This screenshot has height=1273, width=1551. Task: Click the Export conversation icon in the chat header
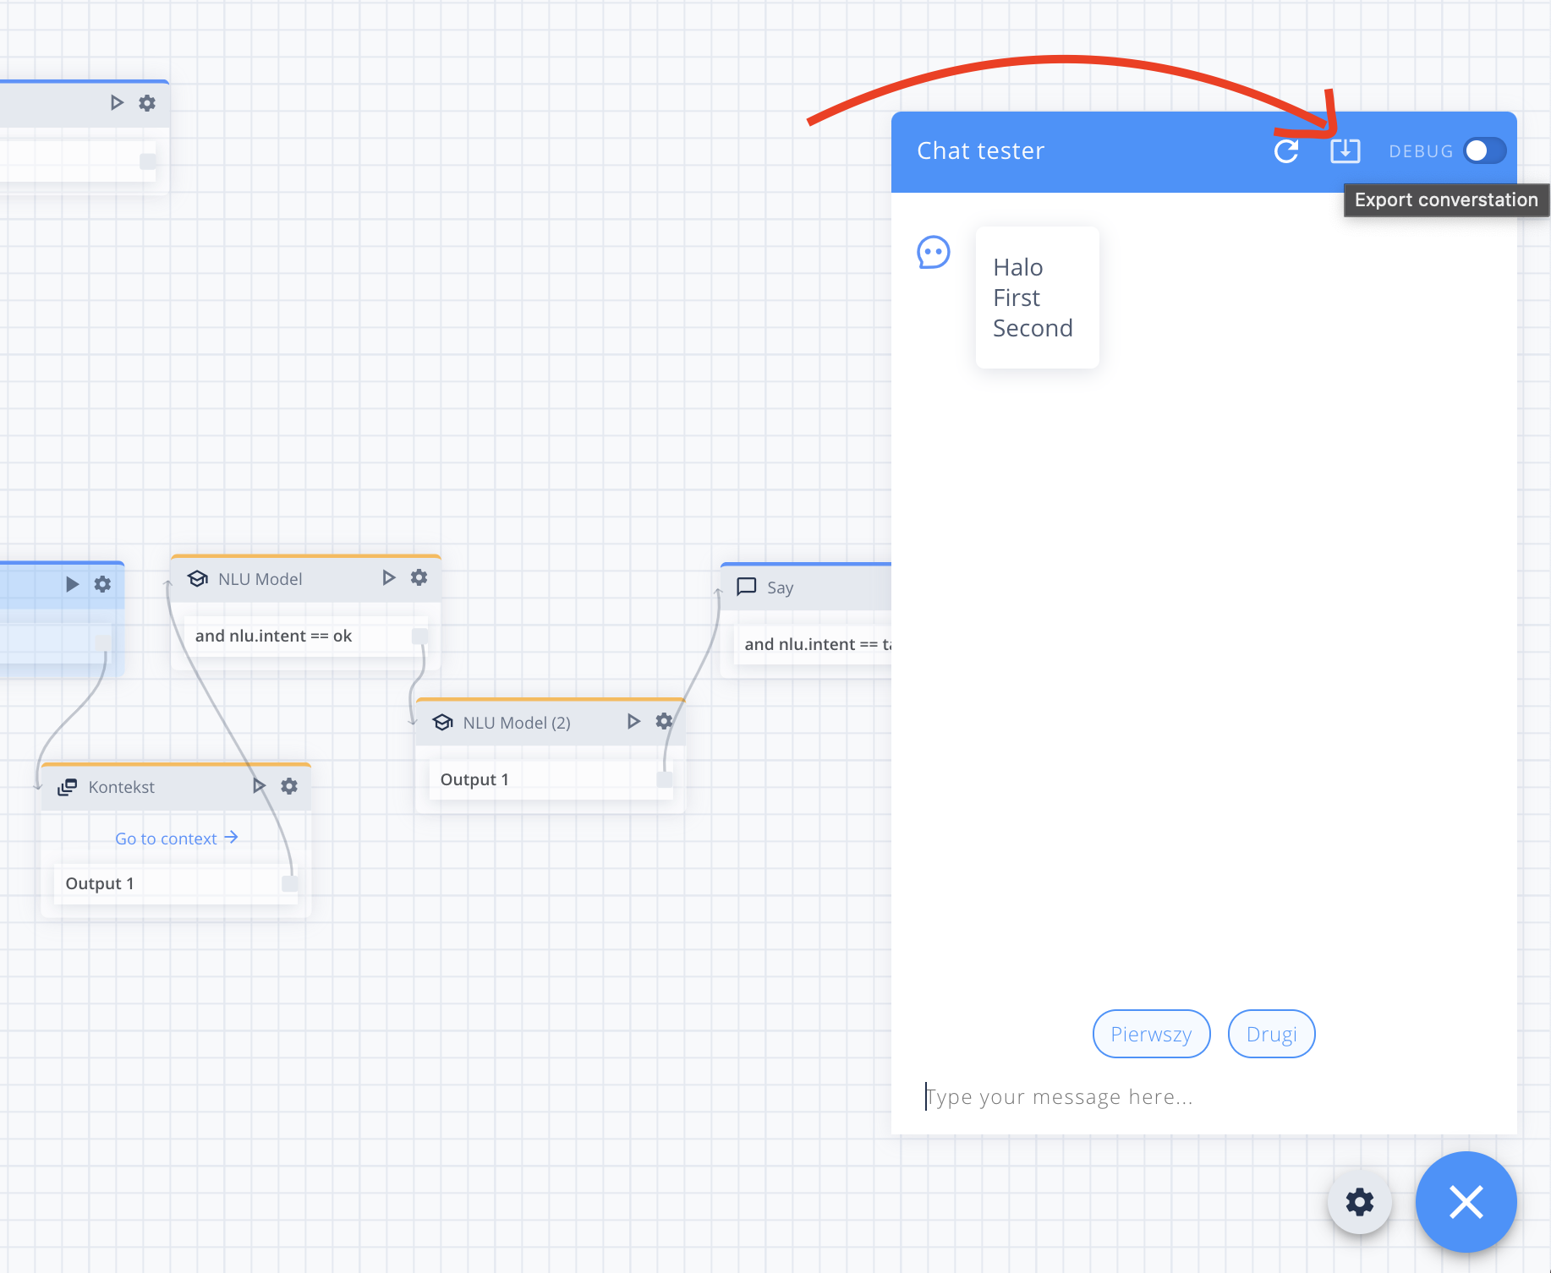point(1345,150)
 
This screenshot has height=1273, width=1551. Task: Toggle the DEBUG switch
point(1485,150)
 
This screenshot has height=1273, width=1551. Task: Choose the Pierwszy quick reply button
point(1151,1034)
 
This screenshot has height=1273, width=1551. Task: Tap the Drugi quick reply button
point(1271,1034)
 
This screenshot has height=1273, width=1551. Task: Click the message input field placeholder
point(1060,1097)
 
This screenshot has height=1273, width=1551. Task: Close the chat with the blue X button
point(1466,1201)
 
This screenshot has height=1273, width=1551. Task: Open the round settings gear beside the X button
point(1360,1201)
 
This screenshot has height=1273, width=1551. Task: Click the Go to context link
point(177,839)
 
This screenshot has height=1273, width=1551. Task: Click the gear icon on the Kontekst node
point(289,786)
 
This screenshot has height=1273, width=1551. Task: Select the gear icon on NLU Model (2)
point(664,721)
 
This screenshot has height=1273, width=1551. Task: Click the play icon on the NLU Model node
point(388,577)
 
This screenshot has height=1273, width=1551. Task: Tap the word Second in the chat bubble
point(1033,328)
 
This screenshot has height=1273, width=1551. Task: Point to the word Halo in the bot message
point(1018,267)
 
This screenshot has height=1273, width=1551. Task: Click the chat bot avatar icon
point(934,252)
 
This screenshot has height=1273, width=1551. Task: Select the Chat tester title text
point(981,150)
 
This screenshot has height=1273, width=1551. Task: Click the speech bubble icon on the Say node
point(746,587)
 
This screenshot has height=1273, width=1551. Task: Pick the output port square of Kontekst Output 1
point(289,883)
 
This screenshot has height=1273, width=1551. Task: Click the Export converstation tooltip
point(1446,200)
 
